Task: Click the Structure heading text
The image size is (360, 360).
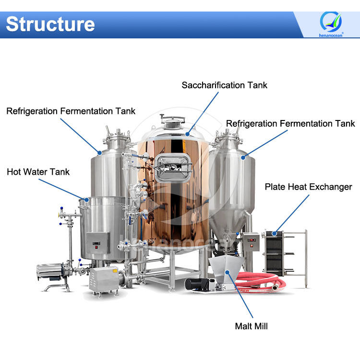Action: point(50,24)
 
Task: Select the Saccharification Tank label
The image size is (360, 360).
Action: point(224,85)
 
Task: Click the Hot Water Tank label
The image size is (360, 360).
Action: point(38,172)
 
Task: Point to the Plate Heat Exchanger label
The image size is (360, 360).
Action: point(308,187)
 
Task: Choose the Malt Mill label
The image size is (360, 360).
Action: point(251,326)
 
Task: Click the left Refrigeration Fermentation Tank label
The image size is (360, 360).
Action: point(71,111)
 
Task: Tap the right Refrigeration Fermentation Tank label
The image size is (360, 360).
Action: point(290,123)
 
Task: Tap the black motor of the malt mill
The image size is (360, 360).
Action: point(197,283)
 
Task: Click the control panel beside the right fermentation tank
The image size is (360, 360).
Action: point(250,242)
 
